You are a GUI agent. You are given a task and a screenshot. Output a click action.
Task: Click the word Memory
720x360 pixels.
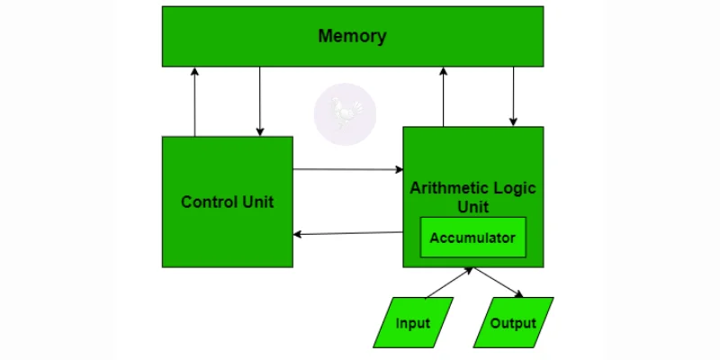[352, 37]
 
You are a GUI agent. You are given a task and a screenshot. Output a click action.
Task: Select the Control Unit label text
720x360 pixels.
[227, 202]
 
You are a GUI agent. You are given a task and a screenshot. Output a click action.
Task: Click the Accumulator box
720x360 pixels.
[472, 238]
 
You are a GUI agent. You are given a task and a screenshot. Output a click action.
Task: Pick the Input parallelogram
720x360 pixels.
[411, 323]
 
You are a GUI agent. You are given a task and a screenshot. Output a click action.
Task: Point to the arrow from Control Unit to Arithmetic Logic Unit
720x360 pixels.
[347, 168]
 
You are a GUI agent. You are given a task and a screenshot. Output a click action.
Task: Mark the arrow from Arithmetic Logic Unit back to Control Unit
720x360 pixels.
[347, 234]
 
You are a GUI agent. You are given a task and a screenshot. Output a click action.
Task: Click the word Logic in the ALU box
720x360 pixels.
[515, 188]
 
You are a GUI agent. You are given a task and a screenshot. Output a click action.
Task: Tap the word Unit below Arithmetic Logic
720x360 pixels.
[472, 207]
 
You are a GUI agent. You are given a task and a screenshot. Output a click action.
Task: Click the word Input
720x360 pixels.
[411, 323]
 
